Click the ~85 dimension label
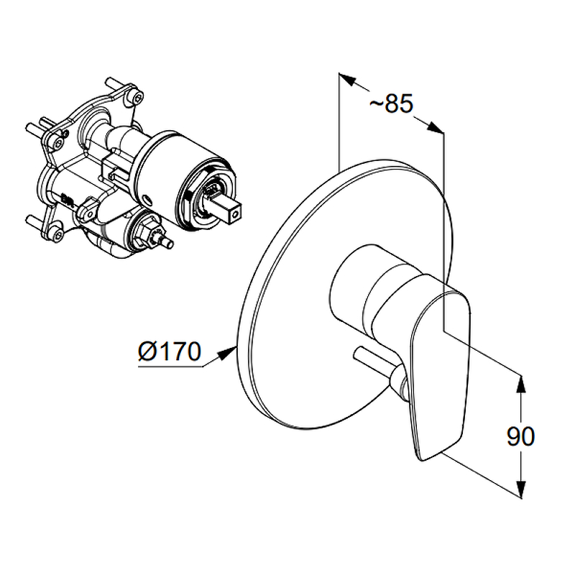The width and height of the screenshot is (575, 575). (391, 103)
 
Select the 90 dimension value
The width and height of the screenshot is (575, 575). (520, 436)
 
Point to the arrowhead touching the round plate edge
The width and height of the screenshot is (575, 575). (226, 353)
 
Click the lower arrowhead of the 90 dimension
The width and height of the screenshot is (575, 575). (521, 489)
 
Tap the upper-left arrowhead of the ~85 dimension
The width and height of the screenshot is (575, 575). (348, 79)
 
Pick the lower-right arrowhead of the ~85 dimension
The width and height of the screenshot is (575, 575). (435, 127)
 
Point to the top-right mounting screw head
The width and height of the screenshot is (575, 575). (137, 97)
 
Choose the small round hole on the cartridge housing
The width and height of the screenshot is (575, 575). (149, 199)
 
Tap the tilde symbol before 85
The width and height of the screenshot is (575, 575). (376, 104)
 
